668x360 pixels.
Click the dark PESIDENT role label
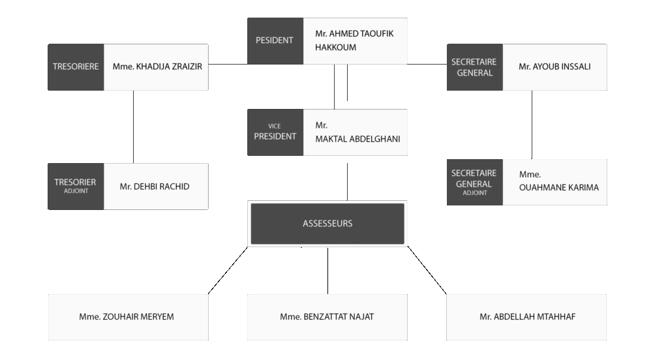tap(275, 41)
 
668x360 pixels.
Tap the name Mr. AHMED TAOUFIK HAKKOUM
tap(354, 40)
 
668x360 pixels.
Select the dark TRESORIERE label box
tap(76, 67)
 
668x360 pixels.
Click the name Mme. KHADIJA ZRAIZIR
tap(157, 67)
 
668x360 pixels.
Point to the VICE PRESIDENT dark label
tap(275, 132)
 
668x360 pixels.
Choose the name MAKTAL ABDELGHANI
tap(358, 139)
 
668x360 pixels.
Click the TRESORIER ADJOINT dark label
tap(76, 186)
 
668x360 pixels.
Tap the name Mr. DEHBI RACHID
tap(155, 187)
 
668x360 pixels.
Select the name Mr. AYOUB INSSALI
tap(554, 67)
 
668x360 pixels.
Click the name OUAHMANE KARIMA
tap(559, 187)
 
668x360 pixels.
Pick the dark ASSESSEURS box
tap(327, 224)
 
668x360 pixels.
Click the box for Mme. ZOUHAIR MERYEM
tap(129, 317)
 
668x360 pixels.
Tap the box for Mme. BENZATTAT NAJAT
tap(327, 317)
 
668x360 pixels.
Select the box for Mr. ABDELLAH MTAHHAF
tap(526, 317)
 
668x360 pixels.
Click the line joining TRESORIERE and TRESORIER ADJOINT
tap(133, 127)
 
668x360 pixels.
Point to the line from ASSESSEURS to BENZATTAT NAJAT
tap(327, 271)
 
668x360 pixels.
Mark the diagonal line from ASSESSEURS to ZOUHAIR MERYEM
tap(228, 271)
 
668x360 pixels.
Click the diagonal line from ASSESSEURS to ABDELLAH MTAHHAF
tap(427, 270)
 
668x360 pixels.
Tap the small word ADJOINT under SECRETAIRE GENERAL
tap(475, 193)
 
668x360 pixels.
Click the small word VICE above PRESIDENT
tap(275, 126)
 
